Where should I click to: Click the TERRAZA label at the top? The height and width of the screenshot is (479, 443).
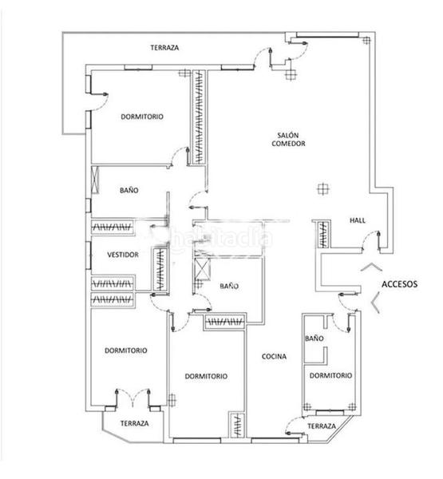[x=164, y=48]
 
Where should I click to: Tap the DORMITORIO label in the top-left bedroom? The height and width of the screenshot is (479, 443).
[x=142, y=117]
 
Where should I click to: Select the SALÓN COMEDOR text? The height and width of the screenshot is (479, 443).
[x=287, y=139]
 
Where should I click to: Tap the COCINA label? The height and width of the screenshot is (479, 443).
[x=274, y=357]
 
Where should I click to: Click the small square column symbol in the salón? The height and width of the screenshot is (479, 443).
[x=321, y=188]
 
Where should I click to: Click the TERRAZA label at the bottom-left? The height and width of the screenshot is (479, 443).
[x=133, y=423]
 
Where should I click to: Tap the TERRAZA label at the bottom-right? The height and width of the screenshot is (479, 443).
[x=320, y=427]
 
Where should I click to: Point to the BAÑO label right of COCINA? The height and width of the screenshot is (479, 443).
[x=314, y=338]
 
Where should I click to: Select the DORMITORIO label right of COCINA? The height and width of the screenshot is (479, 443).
[x=330, y=375]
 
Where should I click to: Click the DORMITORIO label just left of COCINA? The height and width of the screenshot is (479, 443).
[x=206, y=376]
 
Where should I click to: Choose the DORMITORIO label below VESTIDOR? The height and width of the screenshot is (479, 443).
[x=125, y=350]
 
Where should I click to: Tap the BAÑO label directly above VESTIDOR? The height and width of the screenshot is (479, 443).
[x=129, y=191]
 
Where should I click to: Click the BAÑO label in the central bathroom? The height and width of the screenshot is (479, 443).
[x=230, y=285]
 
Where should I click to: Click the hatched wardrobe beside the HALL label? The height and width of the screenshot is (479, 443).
[x=322, y=233]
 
